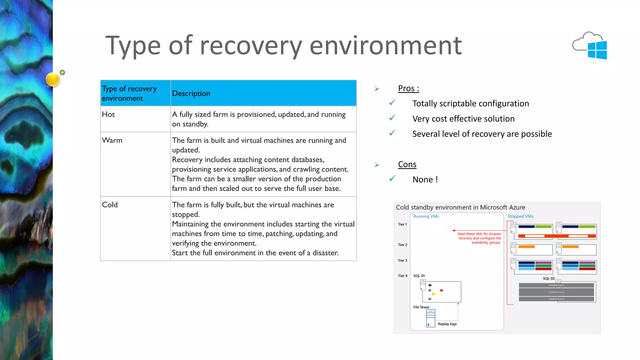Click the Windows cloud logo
[x=590, y=46]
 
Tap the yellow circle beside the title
[x=52, y=79]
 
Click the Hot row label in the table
[x=108, y=114]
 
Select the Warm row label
[x=112, y=140]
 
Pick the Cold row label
[x=110, y=205]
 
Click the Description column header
[x=191, y=93]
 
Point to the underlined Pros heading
[x=408, y=88]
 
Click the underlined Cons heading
[x=407, y=164]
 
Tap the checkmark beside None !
[x=392, y=178]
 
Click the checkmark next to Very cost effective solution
[x=392, y=118]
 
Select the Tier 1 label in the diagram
[x=402, y=224]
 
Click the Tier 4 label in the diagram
[x=402, y=276]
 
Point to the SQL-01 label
[x=419, y=276]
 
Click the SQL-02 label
[x=548, y=278]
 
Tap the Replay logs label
[x=447, y=324]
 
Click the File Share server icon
[x=430, y=318]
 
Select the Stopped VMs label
[x=520, y=216]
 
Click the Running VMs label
[x=426, y=216]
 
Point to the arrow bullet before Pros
[x=377, y=89]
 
